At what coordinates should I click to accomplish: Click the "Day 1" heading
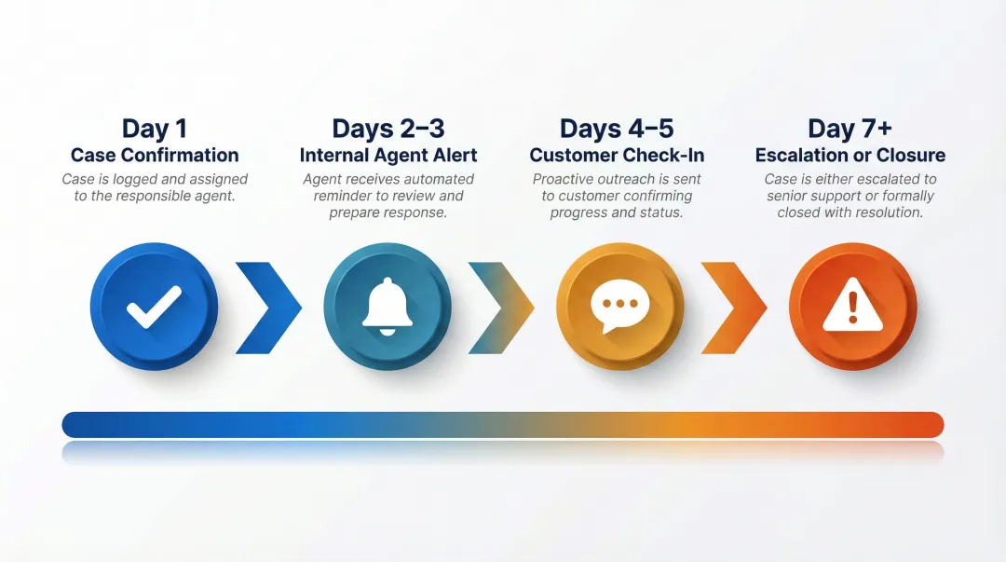pyautogui.click(x=154, y=129)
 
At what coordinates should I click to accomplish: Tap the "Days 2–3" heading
pyautogui.click(x=387, y=129)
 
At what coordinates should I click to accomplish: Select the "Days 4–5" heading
pyautogui.click(x=617, y=129)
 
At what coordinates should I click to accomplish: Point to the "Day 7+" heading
pyautogui.click(x=850, y=129)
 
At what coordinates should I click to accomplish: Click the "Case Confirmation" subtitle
pyautogui.click(x=155, y=155)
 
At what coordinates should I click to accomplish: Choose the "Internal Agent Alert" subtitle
pyautogui.click(x=387, y=155)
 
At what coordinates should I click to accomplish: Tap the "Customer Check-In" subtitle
pyautogui.click(x=618, y=155)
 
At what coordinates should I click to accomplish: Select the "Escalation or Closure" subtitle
pyautogui.click(x=850, y=155)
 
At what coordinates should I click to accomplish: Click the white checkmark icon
pyautogui.click(x=154, y=307)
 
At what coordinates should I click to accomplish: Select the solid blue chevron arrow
pyautogui.click(x=268, y=308)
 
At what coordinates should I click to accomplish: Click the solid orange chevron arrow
pyautogui.click(x=734, y=308)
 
